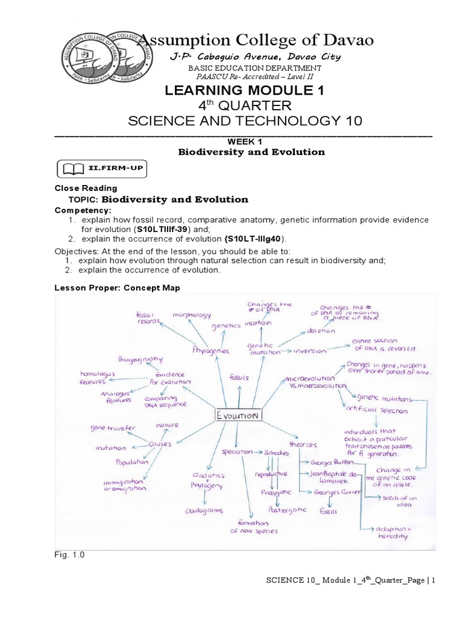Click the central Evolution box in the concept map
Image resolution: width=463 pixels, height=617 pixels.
pos(238,416)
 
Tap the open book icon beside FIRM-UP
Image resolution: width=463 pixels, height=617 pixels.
pos(68,168)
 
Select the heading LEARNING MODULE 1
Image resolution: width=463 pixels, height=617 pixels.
pos(245,90)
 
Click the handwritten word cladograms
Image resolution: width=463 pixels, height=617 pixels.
pos(205,510)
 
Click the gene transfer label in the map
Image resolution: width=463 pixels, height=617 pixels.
pos(113,428)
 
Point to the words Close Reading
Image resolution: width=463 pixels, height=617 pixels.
pos(86,189)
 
